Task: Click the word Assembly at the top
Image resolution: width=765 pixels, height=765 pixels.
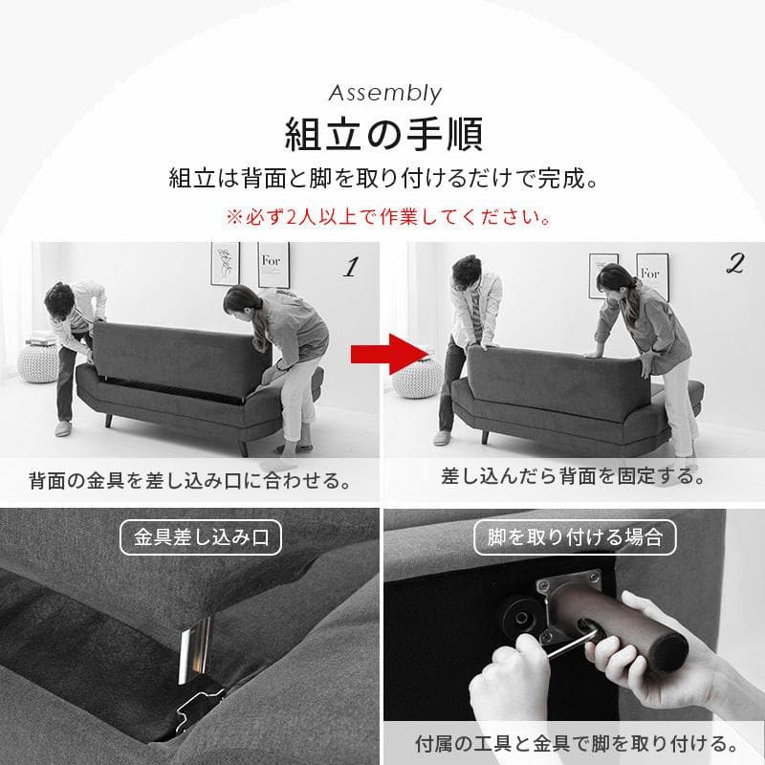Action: point(384,93)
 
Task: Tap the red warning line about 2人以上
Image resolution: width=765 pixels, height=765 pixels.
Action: point(387,216)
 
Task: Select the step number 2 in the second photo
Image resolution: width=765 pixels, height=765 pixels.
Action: point(734,267)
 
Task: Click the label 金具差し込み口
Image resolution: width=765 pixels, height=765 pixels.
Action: point(201,537)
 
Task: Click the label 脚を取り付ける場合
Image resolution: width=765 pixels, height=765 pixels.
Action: point(575,537)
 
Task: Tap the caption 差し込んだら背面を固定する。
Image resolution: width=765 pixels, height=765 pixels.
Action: point(573,475)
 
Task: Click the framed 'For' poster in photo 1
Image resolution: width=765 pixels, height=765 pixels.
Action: point(273,264)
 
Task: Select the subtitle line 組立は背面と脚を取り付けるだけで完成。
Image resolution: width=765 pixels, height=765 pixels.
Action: point(382,179)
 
